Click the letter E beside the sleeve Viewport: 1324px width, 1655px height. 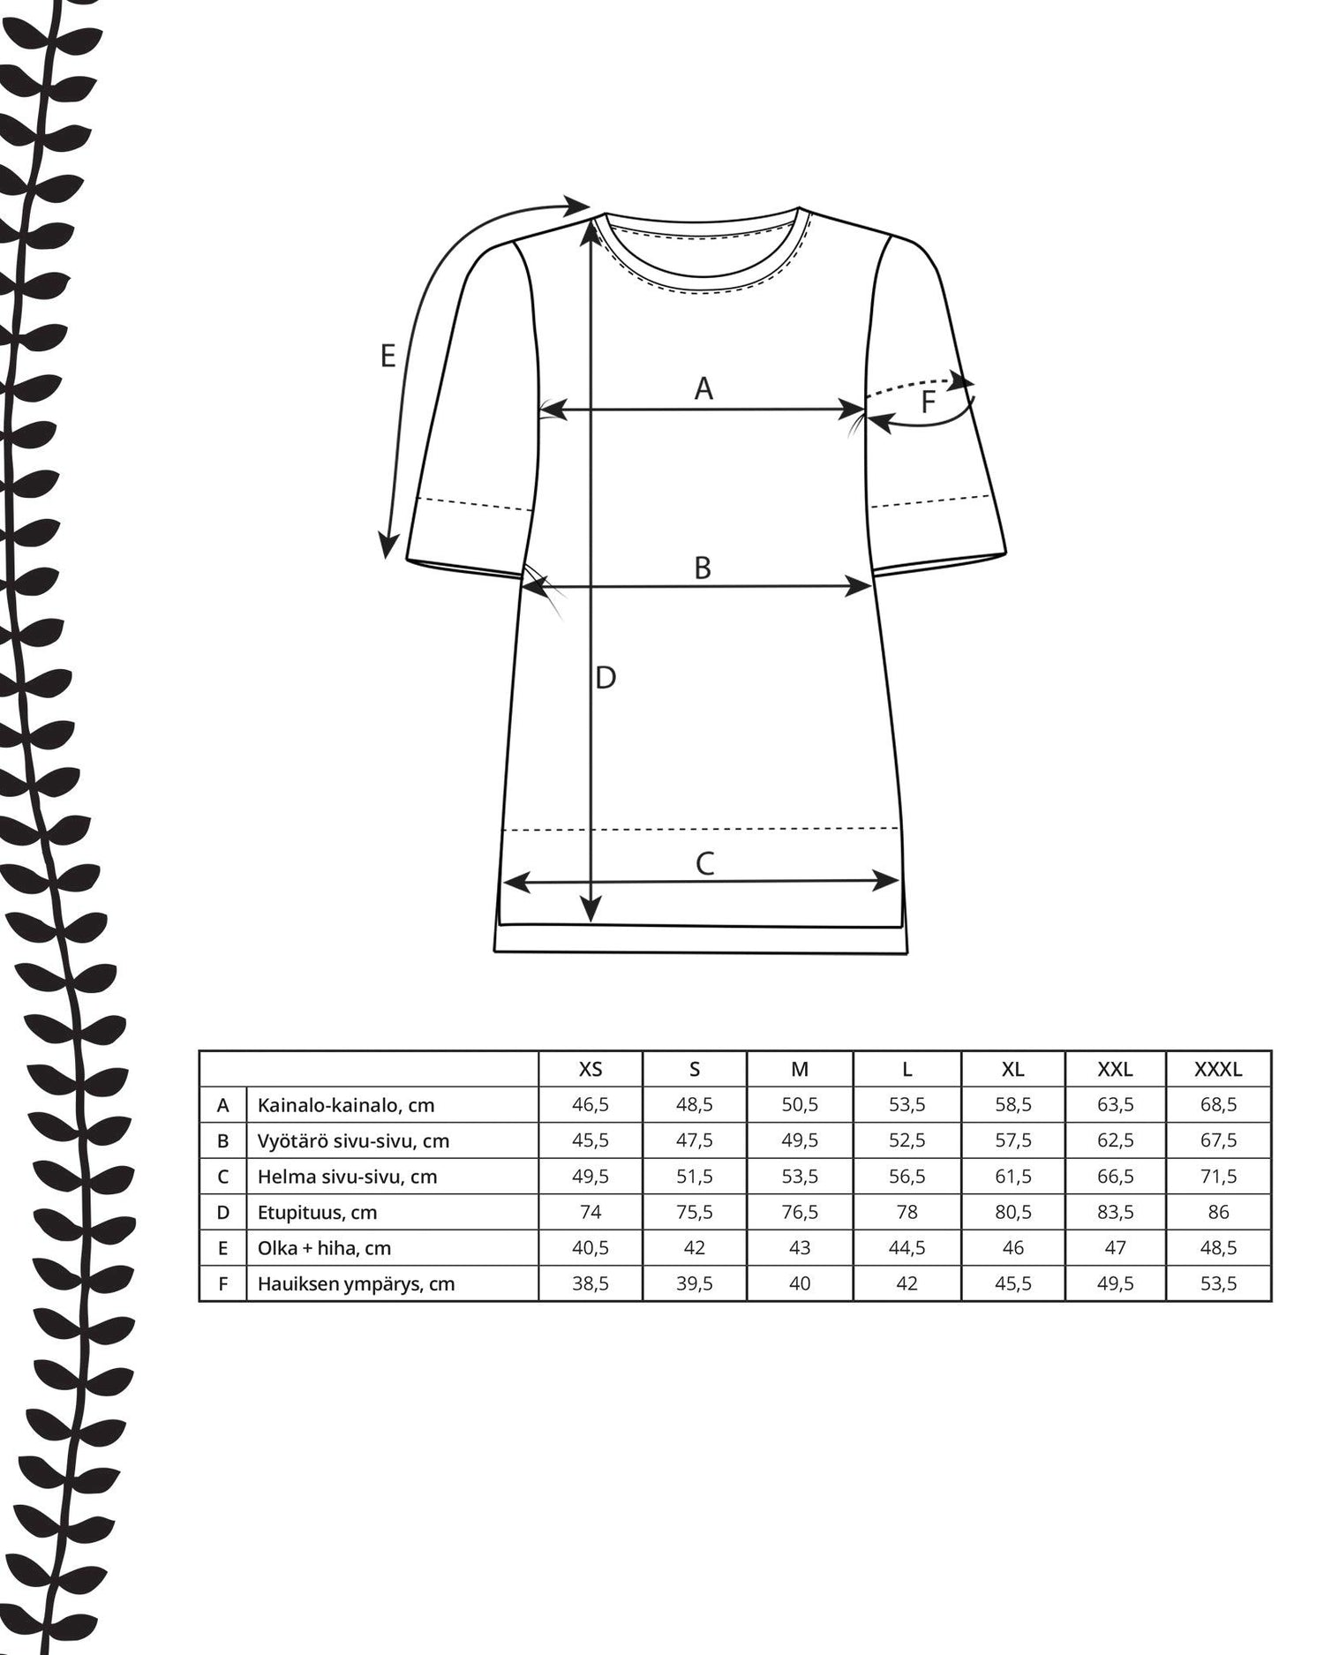[387, 357]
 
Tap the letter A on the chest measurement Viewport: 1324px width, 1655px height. [703, 388]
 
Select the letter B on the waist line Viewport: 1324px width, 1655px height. [703, 568]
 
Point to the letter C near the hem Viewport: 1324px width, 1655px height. [704, 863]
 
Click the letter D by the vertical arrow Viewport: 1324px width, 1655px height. [606, 678]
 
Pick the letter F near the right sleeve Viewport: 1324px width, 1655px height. [928, 402]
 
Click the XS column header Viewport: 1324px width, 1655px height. [591, 1070]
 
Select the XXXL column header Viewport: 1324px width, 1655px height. [1218, 1070]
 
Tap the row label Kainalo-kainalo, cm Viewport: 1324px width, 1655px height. [346, 1105]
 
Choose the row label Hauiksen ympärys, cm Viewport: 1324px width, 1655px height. [356, 1284]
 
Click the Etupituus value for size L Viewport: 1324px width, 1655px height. [906, 1212]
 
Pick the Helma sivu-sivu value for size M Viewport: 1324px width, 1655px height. [800, 1177]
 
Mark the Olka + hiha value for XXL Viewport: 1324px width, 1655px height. [1115, 1248]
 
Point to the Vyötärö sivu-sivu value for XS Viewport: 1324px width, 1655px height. [591, 1140]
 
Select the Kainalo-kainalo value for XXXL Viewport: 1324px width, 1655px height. [1218, 1105]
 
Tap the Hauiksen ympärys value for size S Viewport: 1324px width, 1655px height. [695, 1284]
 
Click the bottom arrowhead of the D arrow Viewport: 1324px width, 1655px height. [591, 913]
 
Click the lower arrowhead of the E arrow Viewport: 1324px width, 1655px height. [387, 549]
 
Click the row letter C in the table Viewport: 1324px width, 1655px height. [223, 1177]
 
